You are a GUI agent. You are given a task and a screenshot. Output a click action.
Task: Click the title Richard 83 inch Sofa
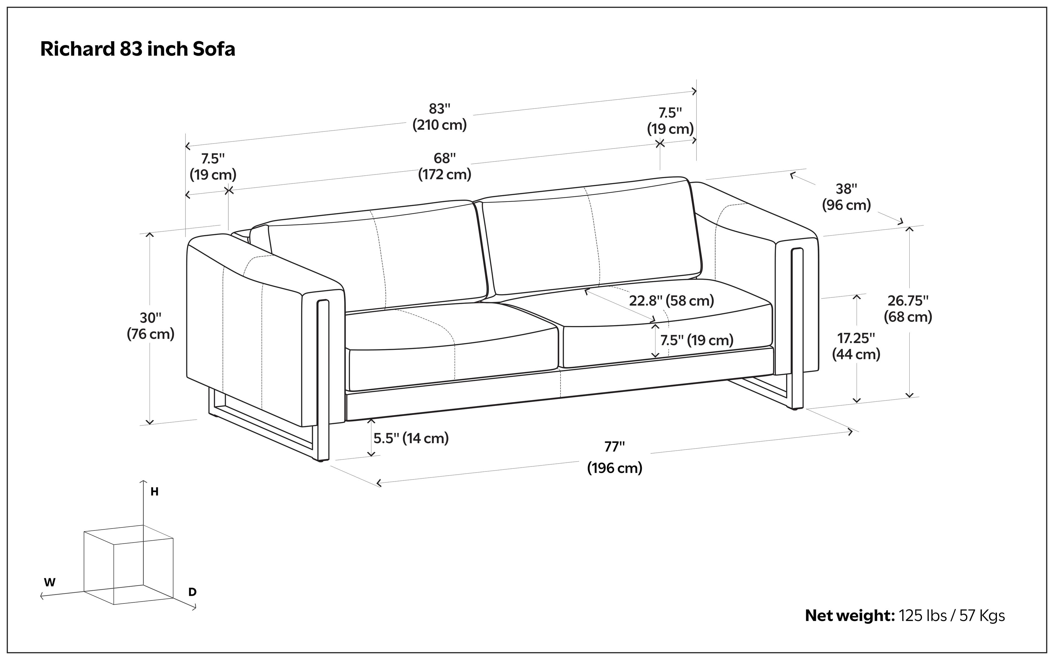pos(138,49)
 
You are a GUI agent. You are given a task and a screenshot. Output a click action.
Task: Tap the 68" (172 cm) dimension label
pos(444,166)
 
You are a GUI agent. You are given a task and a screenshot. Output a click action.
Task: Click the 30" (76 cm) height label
pos(151,326)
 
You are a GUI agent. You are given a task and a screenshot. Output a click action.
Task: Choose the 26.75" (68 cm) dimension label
pos(908,309)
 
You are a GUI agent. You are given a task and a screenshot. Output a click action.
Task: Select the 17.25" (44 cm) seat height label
pos(856,346)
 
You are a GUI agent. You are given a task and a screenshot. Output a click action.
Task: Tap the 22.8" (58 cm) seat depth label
pos(672,300)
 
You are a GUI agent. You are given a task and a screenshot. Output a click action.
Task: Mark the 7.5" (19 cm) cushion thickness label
pos(696,340)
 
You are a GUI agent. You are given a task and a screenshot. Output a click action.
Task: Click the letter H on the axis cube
pos(154,492)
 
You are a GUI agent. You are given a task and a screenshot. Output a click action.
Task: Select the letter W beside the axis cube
pos(50,582)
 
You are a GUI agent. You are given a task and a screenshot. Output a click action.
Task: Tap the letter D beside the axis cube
pos(192,592)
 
